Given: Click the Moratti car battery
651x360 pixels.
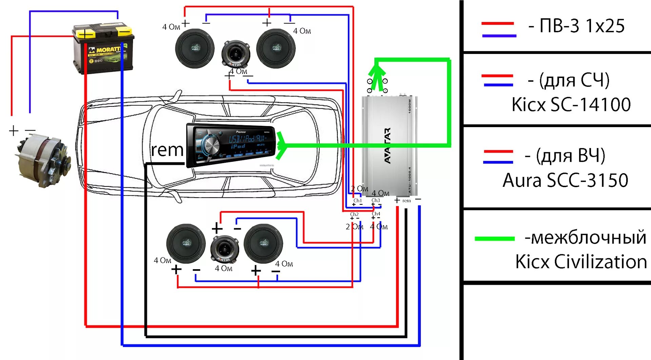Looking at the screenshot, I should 103,49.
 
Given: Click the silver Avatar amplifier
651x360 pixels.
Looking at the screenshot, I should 389,146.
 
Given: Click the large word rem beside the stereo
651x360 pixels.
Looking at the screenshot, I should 167,150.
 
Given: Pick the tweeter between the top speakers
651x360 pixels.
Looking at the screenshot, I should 235,54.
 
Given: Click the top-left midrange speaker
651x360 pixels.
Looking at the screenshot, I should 195,48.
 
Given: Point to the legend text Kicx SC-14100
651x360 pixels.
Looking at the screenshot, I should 571,104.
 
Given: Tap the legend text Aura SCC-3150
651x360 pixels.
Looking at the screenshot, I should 566,180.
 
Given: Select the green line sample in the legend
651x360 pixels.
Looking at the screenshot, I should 495,239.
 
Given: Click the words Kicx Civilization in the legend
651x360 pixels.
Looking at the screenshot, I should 581,262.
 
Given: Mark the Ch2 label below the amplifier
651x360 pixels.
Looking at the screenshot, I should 354,214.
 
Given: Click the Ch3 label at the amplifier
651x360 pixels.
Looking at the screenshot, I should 376,200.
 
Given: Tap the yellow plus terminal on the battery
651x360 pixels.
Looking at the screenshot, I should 85,34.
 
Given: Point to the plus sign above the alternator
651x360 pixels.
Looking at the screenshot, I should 14,131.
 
